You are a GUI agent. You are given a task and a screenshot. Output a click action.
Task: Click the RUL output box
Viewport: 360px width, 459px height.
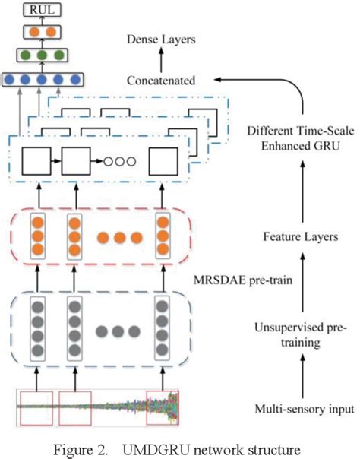click(x=38, y=11)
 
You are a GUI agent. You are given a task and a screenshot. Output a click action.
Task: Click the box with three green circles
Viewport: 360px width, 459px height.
click(x=38, y=55)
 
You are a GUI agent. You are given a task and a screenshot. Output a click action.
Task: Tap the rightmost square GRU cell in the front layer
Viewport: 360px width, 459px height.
click(x=163, y=160)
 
